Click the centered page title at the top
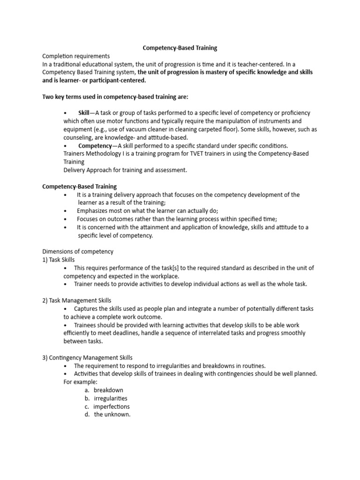pyautogui.click(x=180, y=48)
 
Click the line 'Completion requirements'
pyautogui.click(x=76, y=56)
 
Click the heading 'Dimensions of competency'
pyautogui.click(x=78, y=251)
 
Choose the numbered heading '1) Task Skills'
pyautogui.click(x=59, y=260)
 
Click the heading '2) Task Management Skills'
pyautogui.click(x=77, y=300)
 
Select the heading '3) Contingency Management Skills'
pyautogui.click(x=88, y=358)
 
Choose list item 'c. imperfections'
pyautogui.click(x=107, y=406)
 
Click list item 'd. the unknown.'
pyautogui.click(x=108, y=414)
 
